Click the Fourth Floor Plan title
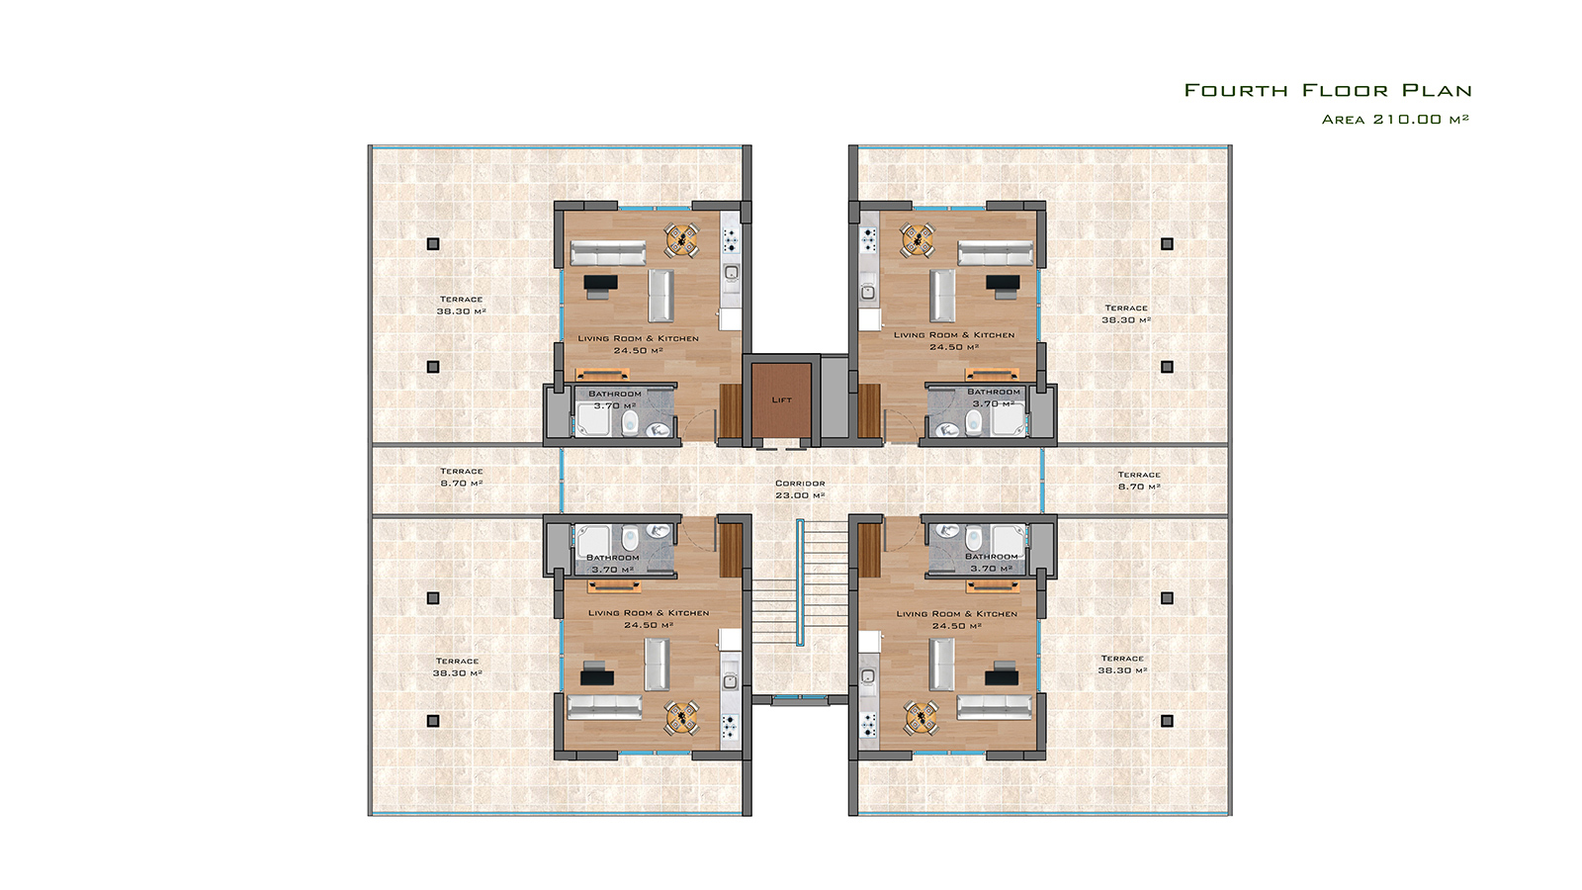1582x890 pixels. click(1328, 90)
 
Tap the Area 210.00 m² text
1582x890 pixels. click(1395, 120)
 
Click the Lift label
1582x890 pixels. click(782, 400)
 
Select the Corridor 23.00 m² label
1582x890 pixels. click(800, 489)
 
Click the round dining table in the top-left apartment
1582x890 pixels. click(682, 240)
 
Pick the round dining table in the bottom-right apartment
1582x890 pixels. click(921, 718)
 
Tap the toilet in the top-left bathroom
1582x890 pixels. click(630, 422)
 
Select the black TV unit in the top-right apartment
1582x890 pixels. click(1003, 285)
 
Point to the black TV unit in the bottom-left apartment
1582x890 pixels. click(597, 673)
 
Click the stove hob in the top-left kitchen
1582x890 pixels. click(731, 240)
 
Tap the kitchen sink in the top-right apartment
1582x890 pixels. click(868, 292)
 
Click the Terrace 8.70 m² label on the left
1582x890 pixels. click(462, 478)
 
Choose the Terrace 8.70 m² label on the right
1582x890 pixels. click(1139, 481)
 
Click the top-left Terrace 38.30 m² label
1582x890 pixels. click(461, 306)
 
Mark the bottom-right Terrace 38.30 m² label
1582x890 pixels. click(1122, 665)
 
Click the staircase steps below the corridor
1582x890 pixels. click(800, 582)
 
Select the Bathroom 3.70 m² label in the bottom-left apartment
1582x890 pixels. click(613, 564)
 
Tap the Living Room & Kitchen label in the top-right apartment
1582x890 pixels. click(954, 335)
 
